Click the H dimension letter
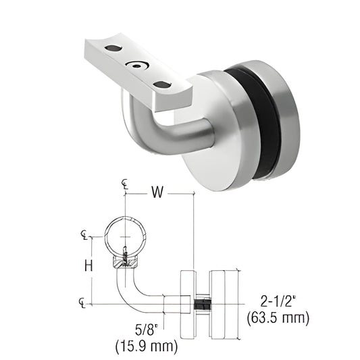click(x=88, y=265)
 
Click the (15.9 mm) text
click(x=147, y=347)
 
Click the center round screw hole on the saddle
click(x=138, y=66)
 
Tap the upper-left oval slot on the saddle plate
click(x=111, y=49)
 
